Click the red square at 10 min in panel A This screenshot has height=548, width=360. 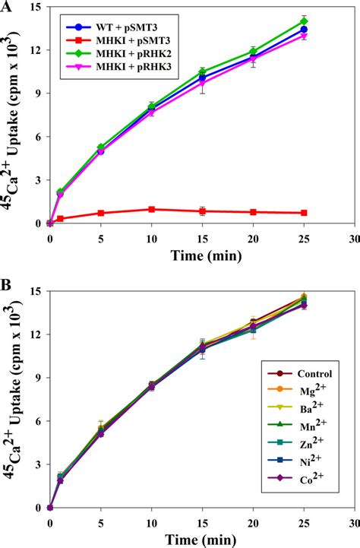[152, 209]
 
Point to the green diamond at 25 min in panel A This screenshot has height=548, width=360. [304, 21]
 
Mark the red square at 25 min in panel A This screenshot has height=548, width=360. [304, 213]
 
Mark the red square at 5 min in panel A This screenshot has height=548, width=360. [101, 213]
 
